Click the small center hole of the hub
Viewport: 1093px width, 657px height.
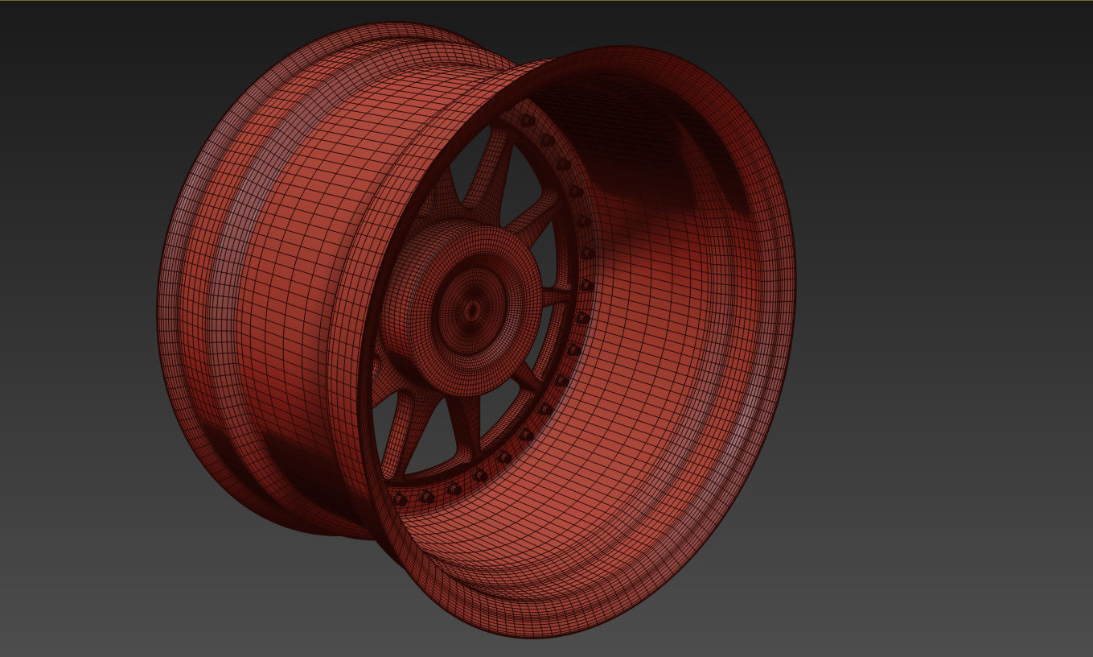click(x=470, y=310)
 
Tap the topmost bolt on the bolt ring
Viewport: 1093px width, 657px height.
click(x=527, y=121)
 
